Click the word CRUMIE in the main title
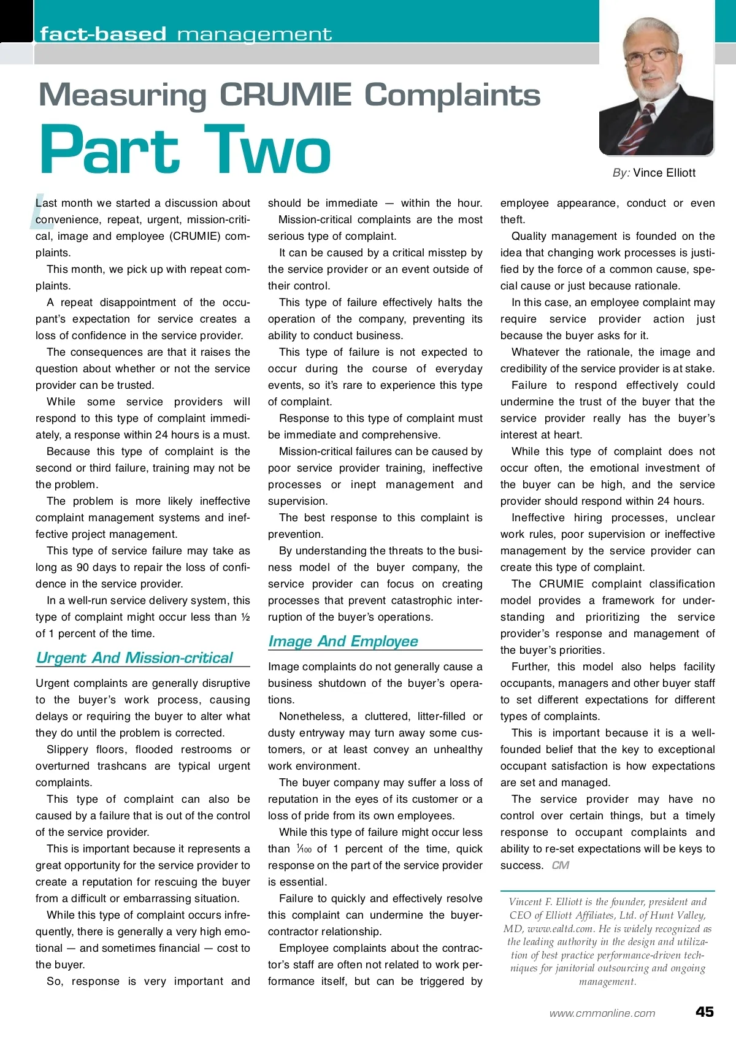pos(286,96)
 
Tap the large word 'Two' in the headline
pos(267,150)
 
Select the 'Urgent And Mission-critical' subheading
pos(135,658)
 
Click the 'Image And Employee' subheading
pos(343,641)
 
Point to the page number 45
pos(704,1012)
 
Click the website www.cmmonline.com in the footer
pos(602,1013)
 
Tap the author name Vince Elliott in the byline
pos(664,173)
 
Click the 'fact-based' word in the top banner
pos(103,34)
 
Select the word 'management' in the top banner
pos(255,34)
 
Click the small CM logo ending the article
pos(561,865)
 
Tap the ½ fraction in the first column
pos(245,617)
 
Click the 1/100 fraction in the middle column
pos(304,849)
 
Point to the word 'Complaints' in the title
pos(452,96)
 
